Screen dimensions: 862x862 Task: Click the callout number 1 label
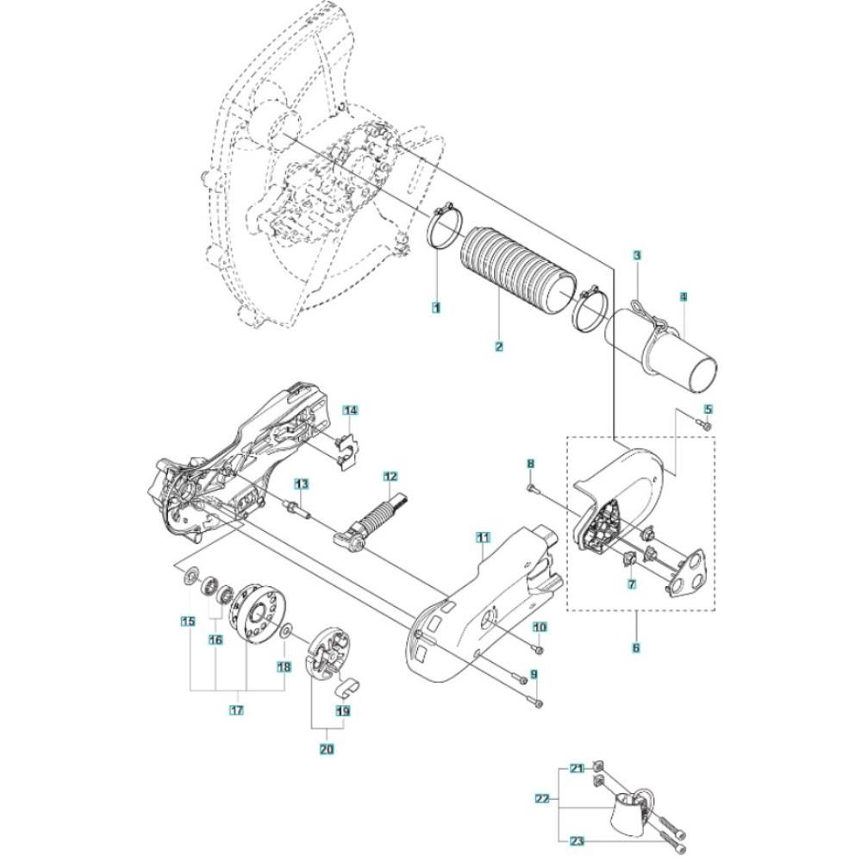tap(437, 306)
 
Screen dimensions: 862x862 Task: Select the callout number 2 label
tap(499, 347)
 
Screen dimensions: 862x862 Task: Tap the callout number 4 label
tap(683, 297)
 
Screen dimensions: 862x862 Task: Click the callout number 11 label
tap(484, 538)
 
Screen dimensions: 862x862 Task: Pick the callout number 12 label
tap(390, 476)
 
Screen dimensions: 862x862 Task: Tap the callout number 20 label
tap(326, 749)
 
